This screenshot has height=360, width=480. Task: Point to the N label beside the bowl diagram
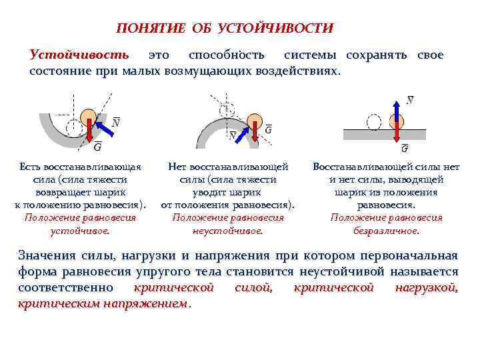pos(116,123)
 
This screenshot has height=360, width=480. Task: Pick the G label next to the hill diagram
pos(268,129)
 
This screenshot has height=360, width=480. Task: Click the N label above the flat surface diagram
pos(409,100)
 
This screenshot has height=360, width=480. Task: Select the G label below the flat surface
pos(405,149)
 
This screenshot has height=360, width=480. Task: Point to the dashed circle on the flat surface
pos(373,122)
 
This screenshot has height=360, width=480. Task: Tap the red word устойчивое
pos(80,231)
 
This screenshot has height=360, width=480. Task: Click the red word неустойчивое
pos(228,231)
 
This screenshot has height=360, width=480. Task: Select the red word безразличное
pos(387,231)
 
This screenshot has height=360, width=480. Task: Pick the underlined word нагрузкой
pos(426,288)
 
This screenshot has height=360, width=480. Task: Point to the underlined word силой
pos(253,288)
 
